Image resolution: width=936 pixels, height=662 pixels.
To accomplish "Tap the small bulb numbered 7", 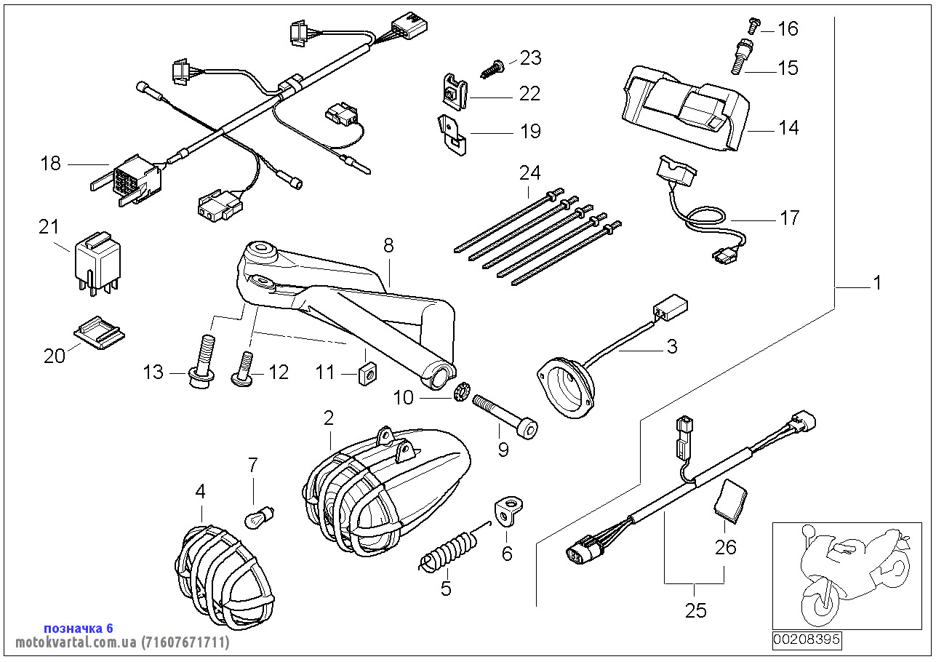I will (253, 517).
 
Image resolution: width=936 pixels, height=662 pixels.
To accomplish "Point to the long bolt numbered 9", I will (505, 417).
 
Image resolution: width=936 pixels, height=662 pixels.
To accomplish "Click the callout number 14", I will (788, 128).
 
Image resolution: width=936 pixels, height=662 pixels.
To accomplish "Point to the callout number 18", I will (51, 164).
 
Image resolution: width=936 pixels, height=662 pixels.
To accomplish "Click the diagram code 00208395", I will (806, 640).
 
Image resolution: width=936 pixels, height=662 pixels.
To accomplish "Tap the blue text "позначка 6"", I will (79, 628).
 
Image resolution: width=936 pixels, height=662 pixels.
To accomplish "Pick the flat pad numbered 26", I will (729, 501).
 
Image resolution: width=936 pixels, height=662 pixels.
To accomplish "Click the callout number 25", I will (696, 610).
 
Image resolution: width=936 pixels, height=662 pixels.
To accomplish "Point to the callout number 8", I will (388, 246).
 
